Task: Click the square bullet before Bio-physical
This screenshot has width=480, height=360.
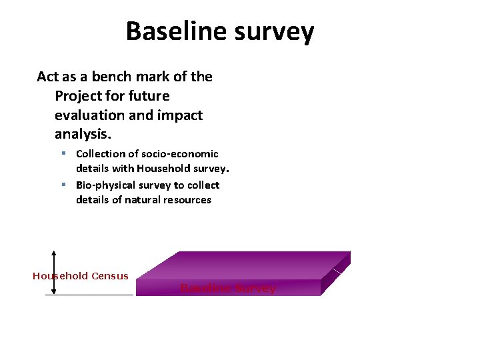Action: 63,185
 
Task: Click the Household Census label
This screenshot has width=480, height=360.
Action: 81,276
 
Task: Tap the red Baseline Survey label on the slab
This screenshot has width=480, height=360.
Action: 228,289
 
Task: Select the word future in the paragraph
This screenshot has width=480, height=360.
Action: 148,96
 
